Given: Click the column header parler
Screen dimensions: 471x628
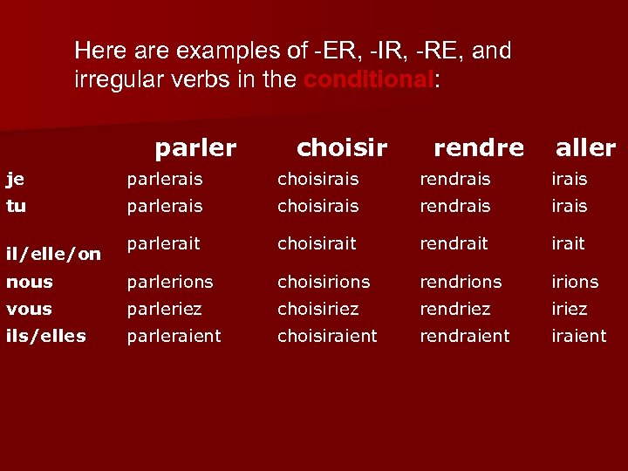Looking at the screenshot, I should tap(195, 148).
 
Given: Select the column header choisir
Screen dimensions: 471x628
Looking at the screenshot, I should tap(342, 148).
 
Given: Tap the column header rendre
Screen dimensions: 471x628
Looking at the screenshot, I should tap(479, 148).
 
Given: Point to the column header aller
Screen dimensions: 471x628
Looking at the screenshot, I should tap(585, 148).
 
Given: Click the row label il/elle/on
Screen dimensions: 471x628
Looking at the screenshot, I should tap(54, 255).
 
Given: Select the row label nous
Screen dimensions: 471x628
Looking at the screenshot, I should tap(30, 282).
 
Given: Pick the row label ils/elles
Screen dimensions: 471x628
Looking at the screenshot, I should tap(45, 336).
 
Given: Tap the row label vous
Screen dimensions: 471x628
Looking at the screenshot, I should tap(29, 309).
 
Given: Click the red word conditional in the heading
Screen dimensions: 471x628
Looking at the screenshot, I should tap(367, 81).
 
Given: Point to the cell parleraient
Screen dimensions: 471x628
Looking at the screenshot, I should tap(174, 335).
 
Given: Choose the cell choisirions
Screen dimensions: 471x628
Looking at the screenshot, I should tap(324, 282).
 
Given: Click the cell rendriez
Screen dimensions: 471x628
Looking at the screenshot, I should tap(455, 309).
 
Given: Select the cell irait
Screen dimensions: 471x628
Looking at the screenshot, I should tap(569, 244).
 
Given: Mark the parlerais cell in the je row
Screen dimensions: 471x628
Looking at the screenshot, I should tap(165, 179).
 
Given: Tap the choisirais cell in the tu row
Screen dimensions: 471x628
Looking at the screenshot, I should tap(317, 206).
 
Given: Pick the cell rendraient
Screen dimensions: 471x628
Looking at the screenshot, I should tap(465, 335).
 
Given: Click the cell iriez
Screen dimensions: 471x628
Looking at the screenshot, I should tap(570, 309).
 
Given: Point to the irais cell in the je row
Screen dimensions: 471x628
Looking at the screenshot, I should tap(570, 179).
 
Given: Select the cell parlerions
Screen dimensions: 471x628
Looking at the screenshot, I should tap(170, 282).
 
